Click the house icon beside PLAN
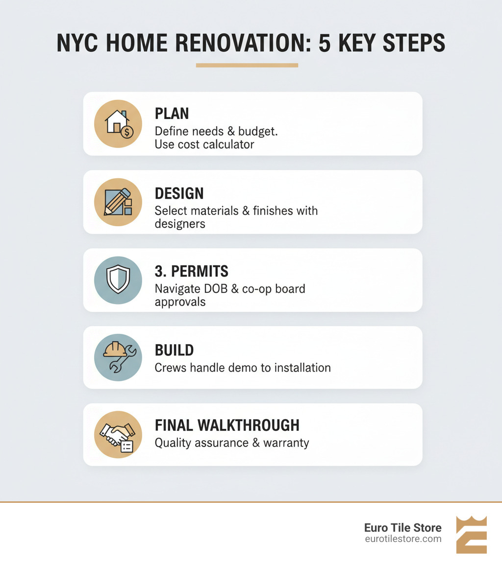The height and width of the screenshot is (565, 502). [118, 123]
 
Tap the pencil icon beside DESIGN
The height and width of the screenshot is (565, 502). [118, 202]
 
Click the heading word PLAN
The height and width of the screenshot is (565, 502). [172, 114]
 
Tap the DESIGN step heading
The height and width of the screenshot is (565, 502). [179, 193]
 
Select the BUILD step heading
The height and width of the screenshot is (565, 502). [174, 350]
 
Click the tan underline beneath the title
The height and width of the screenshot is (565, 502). [247, 65]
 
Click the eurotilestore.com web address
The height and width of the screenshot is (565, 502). [403, 539]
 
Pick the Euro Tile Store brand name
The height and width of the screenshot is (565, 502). [402, 528]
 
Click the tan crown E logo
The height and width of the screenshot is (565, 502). [471, 535]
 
